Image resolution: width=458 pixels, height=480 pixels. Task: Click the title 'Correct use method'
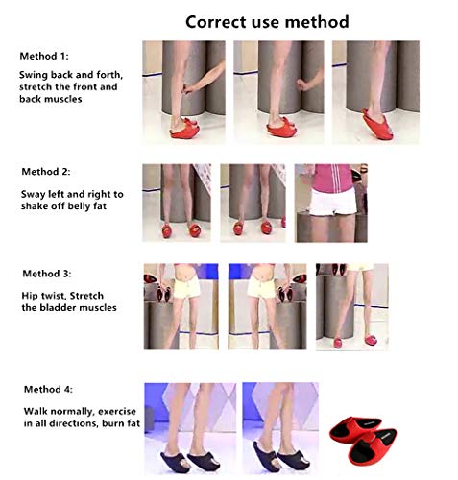[267, 21]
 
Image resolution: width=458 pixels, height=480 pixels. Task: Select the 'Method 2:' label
[47, 172]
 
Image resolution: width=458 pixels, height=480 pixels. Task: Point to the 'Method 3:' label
[46, 274]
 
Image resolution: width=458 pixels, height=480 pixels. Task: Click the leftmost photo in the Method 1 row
[184, 92]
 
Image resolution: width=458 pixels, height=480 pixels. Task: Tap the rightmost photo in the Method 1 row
[374, 92]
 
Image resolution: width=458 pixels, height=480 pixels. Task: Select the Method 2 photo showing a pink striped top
[330, 203]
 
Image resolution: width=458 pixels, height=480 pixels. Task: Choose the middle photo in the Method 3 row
[267, 306]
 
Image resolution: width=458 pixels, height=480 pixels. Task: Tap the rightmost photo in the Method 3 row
[351, 306]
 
